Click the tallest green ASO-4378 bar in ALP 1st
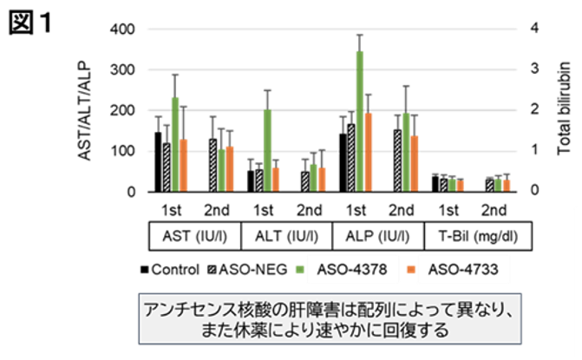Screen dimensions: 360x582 coord(359,121)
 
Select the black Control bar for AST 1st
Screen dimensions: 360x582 coord(157,161)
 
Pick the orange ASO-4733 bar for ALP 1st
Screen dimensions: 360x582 coord(368,152)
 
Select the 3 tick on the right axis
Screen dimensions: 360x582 coord(535,69)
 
